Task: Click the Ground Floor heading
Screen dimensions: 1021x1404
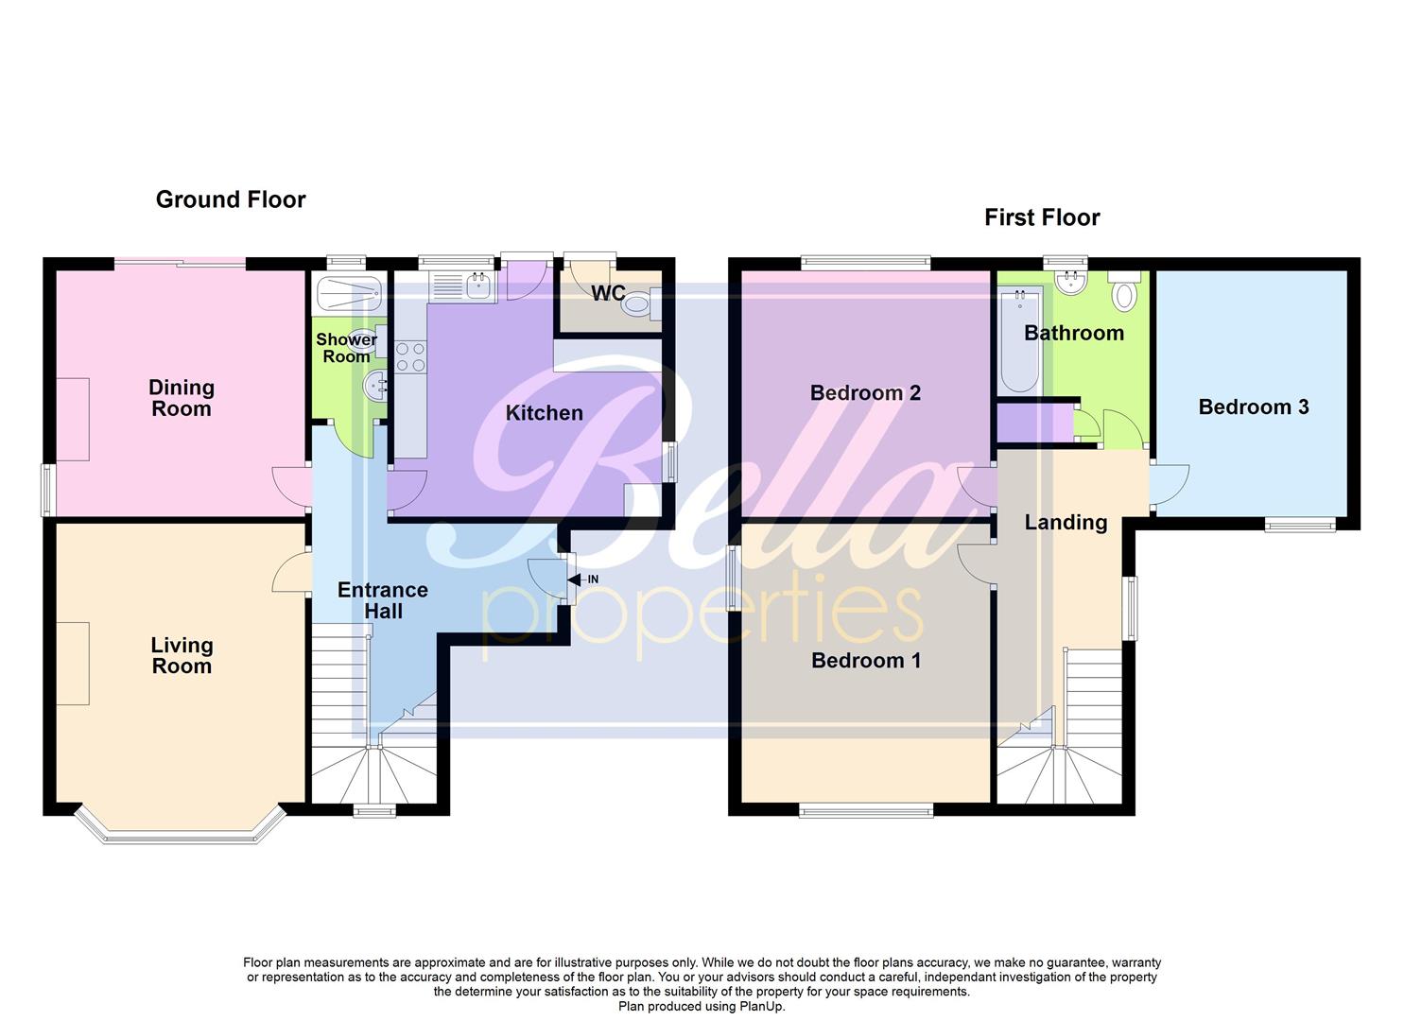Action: pos(231,199)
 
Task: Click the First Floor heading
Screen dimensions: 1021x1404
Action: pos(1042,217)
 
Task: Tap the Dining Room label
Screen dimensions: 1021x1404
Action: pos(181,398)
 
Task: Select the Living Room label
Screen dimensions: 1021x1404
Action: pos(182,655)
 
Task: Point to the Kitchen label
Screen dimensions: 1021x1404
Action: pos(544,413)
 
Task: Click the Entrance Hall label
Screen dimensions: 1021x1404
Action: pos(383,600)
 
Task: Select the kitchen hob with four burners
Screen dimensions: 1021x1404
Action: pos(410,357)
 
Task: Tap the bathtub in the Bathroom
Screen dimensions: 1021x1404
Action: pos(1019,340)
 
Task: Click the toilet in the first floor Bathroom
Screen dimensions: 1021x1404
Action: pos(1124,292)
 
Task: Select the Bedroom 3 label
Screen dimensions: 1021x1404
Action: pos(1253,407)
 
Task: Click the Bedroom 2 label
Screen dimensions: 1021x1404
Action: pos(865,393)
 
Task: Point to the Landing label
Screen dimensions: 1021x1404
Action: pos(1066,523)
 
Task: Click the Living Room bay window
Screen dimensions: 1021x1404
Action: pos(181,832)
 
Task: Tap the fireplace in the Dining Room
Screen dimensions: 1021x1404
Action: pos(73,419)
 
